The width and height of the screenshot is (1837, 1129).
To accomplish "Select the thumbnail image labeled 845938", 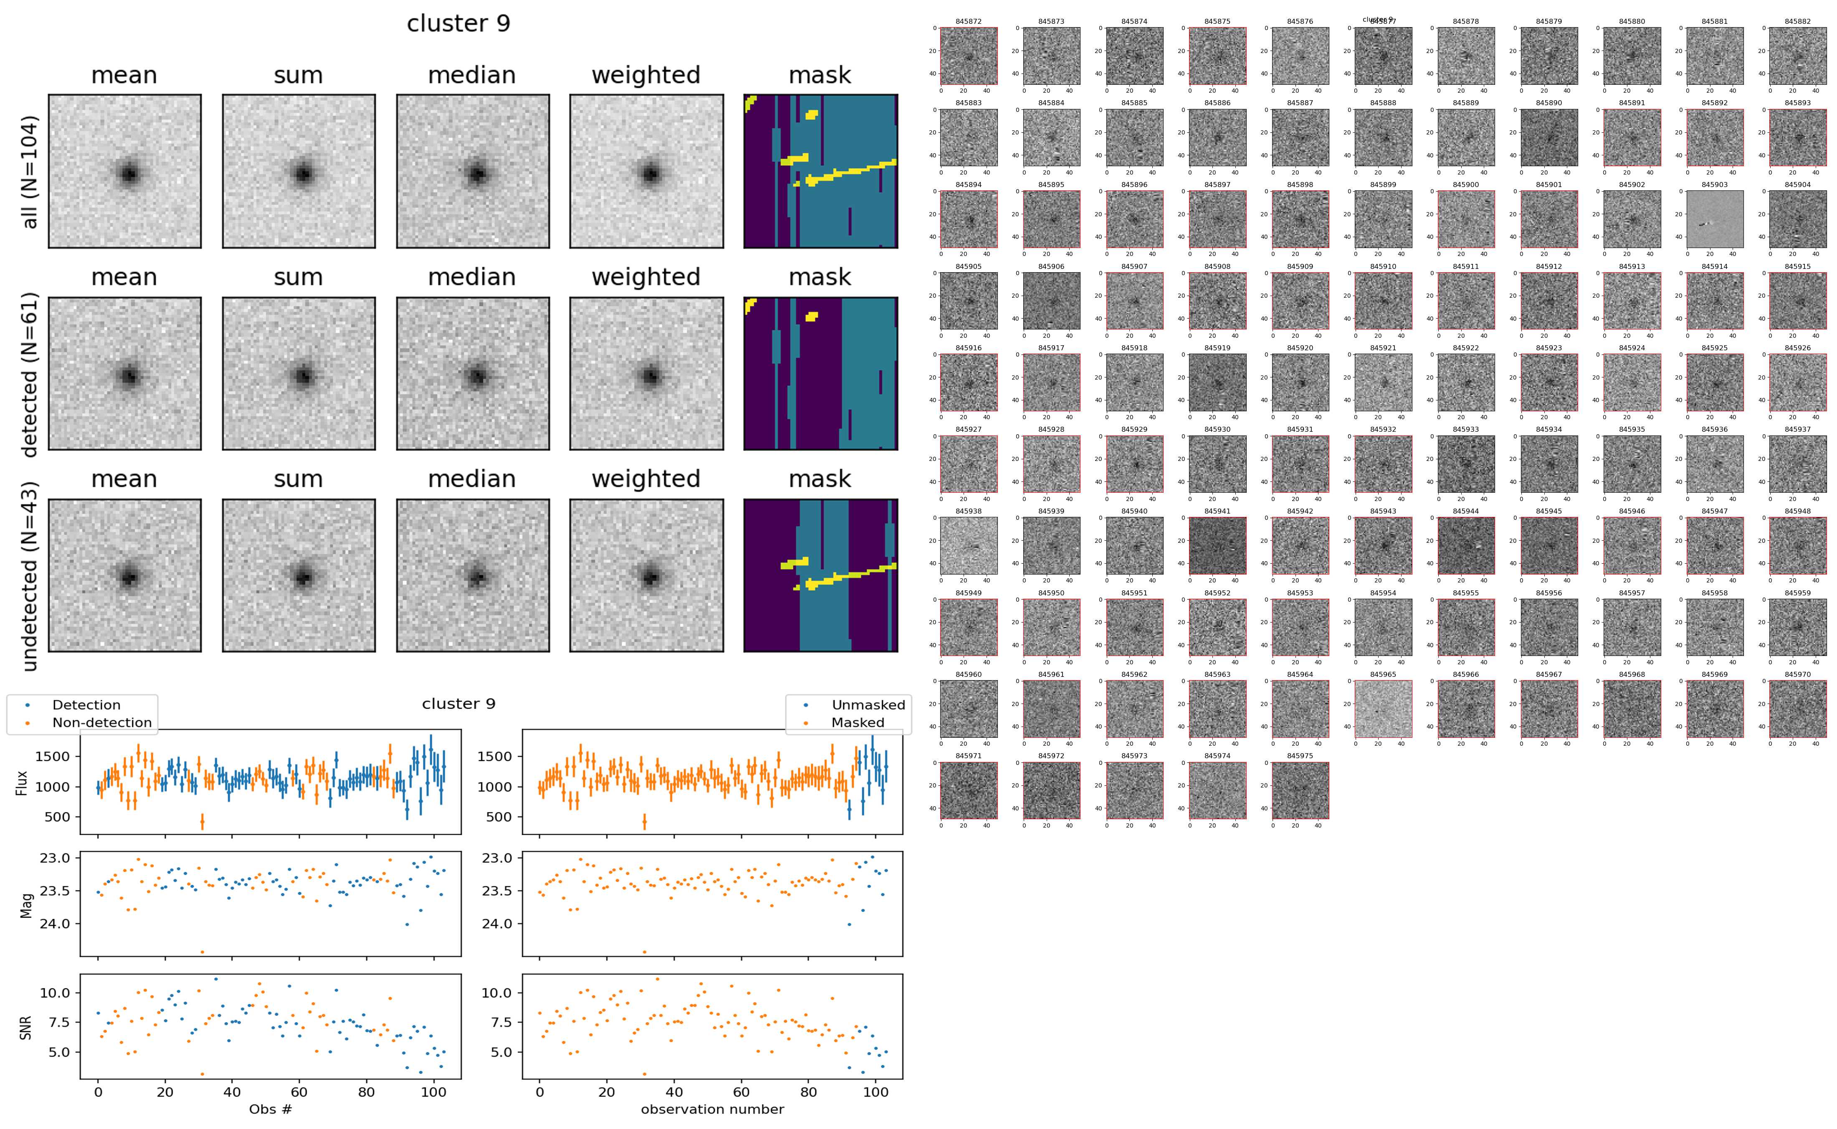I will pyautogui.click(x=968, y=546).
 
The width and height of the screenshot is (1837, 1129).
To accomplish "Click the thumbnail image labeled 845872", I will pyautogui.click(x=968, y=56).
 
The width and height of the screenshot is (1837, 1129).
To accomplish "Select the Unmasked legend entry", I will pyautogui.click(x=868, y=705).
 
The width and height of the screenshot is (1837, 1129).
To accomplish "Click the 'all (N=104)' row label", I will pyautogui.click(x=30, y=172).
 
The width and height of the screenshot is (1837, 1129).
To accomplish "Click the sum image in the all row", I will pyautogui.click(x=299, y=172).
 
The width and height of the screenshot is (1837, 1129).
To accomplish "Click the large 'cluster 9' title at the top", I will pyautogui.click(x=458, y=24).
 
